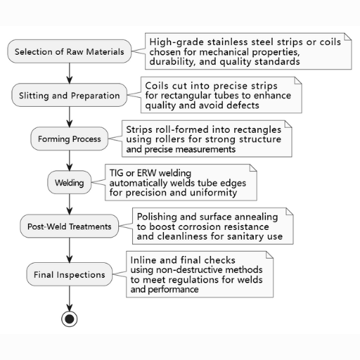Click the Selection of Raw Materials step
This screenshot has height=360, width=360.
(70, 51)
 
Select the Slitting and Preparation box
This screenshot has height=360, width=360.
(70, 95)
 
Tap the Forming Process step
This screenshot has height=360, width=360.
(70, 139)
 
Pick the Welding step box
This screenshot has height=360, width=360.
(70, 182)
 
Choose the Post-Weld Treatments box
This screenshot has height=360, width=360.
(70, 226)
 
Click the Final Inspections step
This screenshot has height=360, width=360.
(70, 274)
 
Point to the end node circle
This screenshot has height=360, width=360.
(70, 319)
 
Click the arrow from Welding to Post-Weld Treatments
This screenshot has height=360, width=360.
(70, 205)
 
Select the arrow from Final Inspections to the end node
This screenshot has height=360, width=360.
(70, 299)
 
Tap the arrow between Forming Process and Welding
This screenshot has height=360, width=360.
(70, 161)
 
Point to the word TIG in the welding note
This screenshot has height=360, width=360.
(116, 173)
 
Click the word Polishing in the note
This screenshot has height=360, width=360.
(157, 217)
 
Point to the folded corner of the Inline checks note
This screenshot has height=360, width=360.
(270, 255)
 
